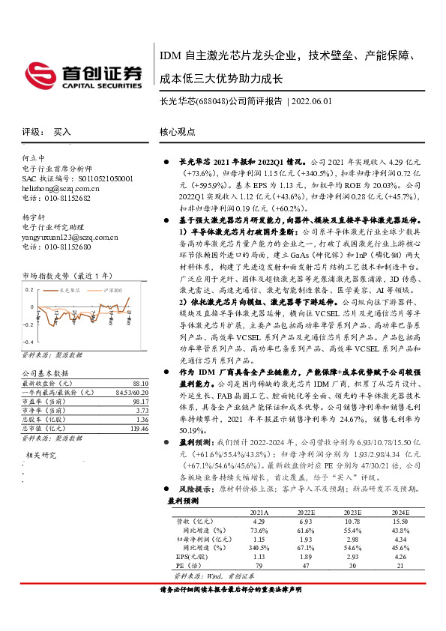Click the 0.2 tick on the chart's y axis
coord(29,288)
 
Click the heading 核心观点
coord(177,131)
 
